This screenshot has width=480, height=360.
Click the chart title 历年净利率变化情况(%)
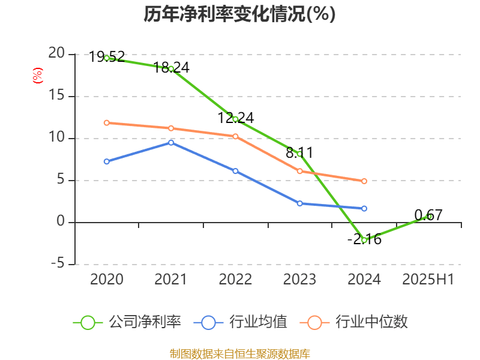tap(239, 14)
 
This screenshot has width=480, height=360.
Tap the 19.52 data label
tap(107, 57)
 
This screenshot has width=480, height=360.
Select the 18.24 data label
tap(171, 67)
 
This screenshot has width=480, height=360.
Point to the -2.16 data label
tap(364, 239)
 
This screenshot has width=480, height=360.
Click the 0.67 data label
tap(428, 215)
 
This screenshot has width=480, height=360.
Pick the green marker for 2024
tap(364, 239)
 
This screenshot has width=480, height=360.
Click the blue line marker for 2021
tap(171, 142)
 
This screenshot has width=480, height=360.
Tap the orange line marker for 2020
tap(107, 122)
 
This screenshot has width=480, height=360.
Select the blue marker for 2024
tap(364, 208)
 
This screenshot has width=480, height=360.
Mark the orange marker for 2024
tap(364, 181)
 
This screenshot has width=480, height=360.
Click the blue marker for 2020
tap(107, 161)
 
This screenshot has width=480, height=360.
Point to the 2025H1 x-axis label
tap(428, 280)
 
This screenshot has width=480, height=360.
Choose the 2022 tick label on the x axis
tap(235, 280)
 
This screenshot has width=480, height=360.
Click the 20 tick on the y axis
tap(56, 53)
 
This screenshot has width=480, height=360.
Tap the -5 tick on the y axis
tap(57, 264)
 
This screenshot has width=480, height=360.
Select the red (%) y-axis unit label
tap(37, 76)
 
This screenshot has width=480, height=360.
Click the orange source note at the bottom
tap(239, 353)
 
